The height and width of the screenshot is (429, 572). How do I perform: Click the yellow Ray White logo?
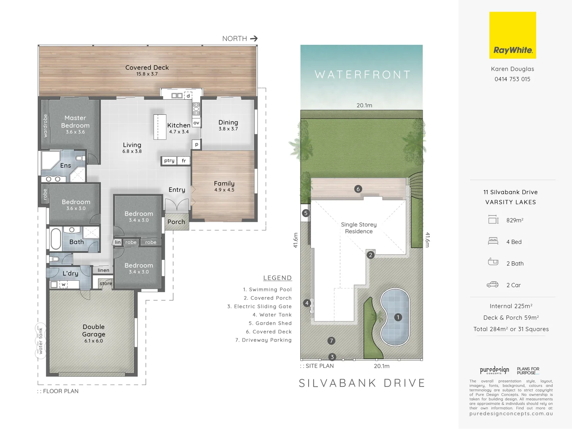tap(512, 35)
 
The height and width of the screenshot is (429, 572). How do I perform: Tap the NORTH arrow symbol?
tap(254, 39)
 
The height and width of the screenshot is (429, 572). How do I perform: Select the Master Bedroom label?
tap(75, 122)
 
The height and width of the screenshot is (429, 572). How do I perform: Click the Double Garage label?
tap(94, 330)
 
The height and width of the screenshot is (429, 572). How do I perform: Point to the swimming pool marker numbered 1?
tap(398, 317)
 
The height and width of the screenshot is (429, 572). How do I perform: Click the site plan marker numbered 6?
tap(358, 189)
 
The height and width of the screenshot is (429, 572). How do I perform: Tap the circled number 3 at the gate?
tap(332, 357)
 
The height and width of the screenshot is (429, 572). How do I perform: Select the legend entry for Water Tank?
tap(272, 315)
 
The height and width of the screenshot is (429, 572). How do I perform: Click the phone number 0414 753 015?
tap(512, 79)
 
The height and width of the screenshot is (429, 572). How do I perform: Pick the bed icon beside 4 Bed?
tap(493, 241)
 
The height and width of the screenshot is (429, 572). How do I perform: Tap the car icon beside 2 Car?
tap(493, 284)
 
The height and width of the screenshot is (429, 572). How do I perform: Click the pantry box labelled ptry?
tap(169, 160)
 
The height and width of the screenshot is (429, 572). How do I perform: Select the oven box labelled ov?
tap(196, 123)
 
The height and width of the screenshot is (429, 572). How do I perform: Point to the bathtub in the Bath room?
tap(56, 239)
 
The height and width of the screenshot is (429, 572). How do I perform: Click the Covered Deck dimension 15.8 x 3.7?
tap(147, 74)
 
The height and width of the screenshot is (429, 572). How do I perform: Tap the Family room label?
tap(224, 184)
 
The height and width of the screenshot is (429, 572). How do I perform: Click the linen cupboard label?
tap(103, 270)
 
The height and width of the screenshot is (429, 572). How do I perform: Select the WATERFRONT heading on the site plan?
tap(362, 75)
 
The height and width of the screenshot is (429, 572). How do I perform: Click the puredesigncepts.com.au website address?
tap(511, 414)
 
